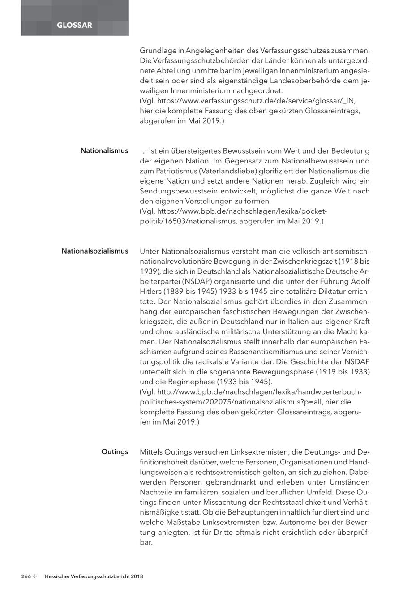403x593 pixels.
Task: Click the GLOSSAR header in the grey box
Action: click(x=74, y=25)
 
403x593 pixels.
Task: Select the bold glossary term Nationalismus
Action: click(x=104, y=151)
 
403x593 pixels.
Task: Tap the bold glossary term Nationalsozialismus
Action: click(x=94, y=251)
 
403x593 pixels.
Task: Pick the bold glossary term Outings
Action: click(x=115, y=452)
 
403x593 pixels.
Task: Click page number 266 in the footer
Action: click(x=26, y=577)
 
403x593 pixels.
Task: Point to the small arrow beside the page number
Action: click(x=35, y=577)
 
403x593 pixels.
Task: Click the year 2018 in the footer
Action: click(x=137, y=577)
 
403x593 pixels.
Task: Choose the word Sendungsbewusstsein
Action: click(x=176, y=191)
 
